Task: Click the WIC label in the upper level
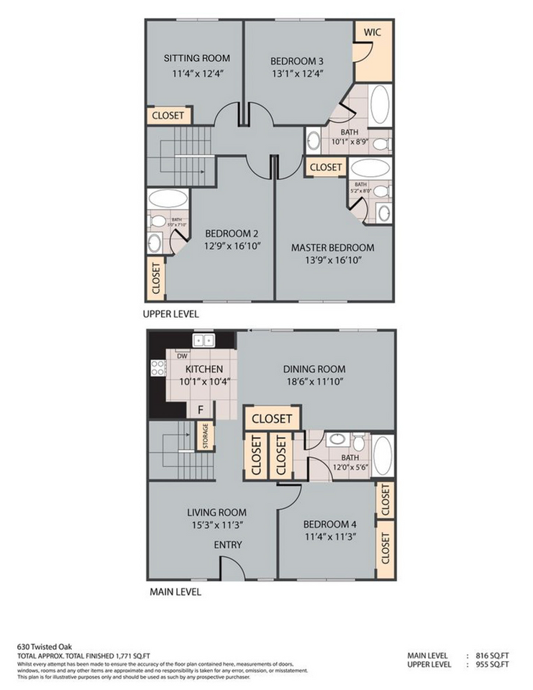372,33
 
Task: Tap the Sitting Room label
196,58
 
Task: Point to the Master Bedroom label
332,247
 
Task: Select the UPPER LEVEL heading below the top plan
170,314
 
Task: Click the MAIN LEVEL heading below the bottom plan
175,592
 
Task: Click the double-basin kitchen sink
202,341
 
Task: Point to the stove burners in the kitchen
158,368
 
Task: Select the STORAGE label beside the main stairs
206,436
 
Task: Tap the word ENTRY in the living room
228,545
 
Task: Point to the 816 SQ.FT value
494,655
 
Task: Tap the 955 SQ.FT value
494,665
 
